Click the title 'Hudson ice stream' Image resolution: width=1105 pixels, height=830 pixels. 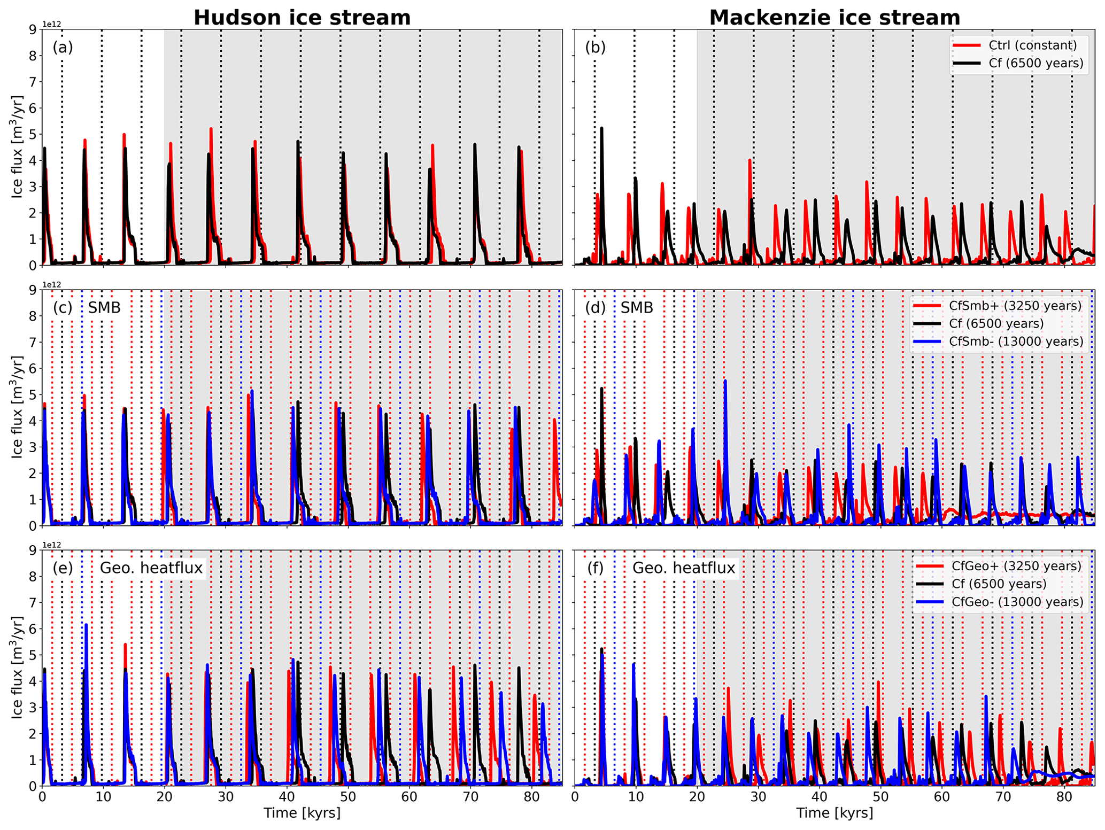(302, 17)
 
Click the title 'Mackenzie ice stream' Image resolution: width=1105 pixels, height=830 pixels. (834, 17)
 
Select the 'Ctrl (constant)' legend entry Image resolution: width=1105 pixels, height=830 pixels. (1032, 45)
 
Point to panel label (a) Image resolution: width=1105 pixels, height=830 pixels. (63, 48)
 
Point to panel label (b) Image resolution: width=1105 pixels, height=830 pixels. (595, 48)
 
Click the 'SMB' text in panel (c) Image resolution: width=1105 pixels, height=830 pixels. (104, 307)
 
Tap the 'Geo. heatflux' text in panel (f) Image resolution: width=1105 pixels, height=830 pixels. (684, 568)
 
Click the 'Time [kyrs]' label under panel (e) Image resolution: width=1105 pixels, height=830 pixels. (302, 813)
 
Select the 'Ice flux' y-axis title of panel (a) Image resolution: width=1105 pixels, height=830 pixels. (17, 147)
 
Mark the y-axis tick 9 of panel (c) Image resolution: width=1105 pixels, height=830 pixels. (32, 290)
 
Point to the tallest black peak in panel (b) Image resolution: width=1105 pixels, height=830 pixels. (601, 128)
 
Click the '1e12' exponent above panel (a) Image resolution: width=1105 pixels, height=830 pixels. (52, 25)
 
